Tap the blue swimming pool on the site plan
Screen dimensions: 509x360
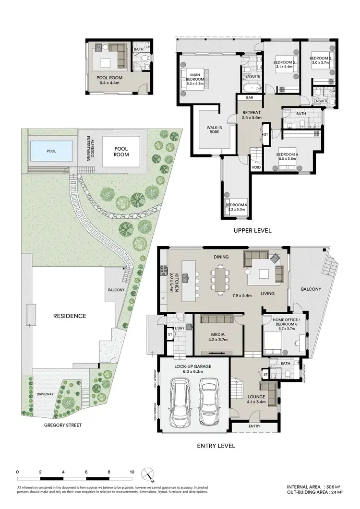point(50,151)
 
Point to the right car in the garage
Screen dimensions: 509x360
point(208,401)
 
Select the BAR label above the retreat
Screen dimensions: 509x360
point(250,97)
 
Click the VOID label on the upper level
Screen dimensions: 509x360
point(256,167)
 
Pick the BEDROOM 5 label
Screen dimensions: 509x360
point(236,207)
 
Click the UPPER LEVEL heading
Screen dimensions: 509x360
point(252,231)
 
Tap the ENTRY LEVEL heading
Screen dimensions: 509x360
point(216,446)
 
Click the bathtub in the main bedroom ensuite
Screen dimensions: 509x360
point(252,88)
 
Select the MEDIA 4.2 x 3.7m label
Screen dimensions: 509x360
point(212,337)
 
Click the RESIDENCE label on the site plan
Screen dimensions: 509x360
point(70,316)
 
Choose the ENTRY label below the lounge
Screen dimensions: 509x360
point(254,426)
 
